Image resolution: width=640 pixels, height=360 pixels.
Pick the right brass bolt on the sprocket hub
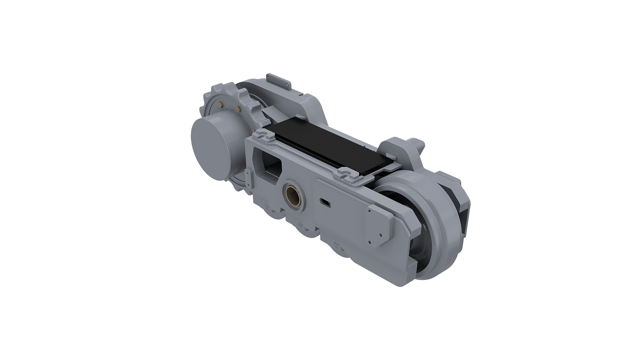tap(239, 109)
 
